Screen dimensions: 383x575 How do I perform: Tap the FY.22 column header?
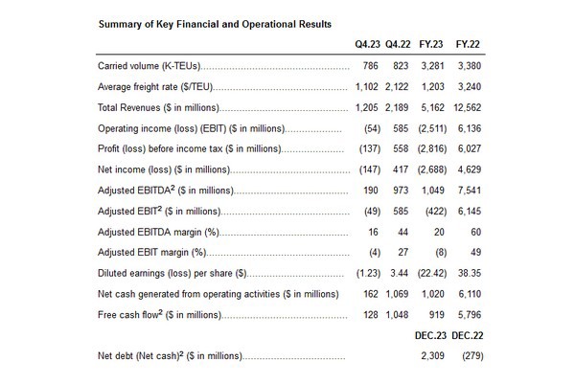coord(469,44)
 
